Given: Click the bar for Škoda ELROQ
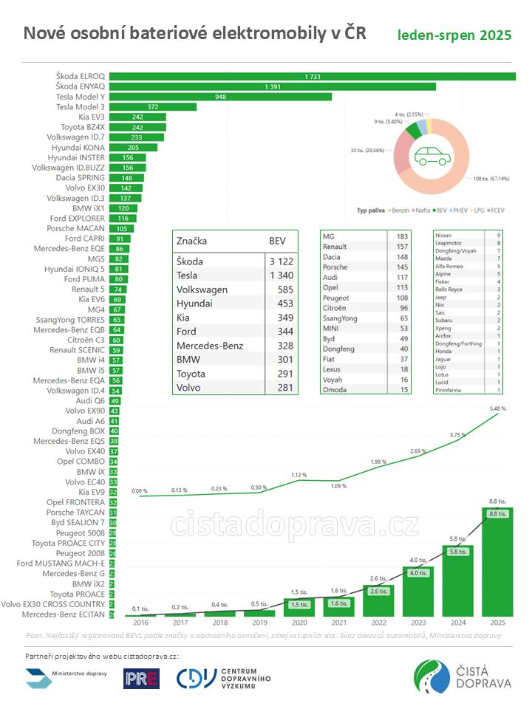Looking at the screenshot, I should click(x=310, y=77).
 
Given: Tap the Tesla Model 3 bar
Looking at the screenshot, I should click(x=153, y=107).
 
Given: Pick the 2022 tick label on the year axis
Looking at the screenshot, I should click(x=378, y=623).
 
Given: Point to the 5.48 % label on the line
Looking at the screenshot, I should click(x=498, y=408).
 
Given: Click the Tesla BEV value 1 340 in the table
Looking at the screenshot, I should click(x=282, y=275).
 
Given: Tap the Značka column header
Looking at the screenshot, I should click(x=192, y=241).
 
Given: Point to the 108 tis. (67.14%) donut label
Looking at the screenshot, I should click(x=489, y=178).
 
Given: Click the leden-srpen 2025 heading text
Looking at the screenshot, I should click(x=454, y=35).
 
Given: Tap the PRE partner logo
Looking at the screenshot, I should click(x=141, y=678).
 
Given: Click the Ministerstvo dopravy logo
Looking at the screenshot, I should click(x=66, y=676).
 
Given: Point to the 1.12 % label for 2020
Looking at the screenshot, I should click(x=299, y=475).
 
